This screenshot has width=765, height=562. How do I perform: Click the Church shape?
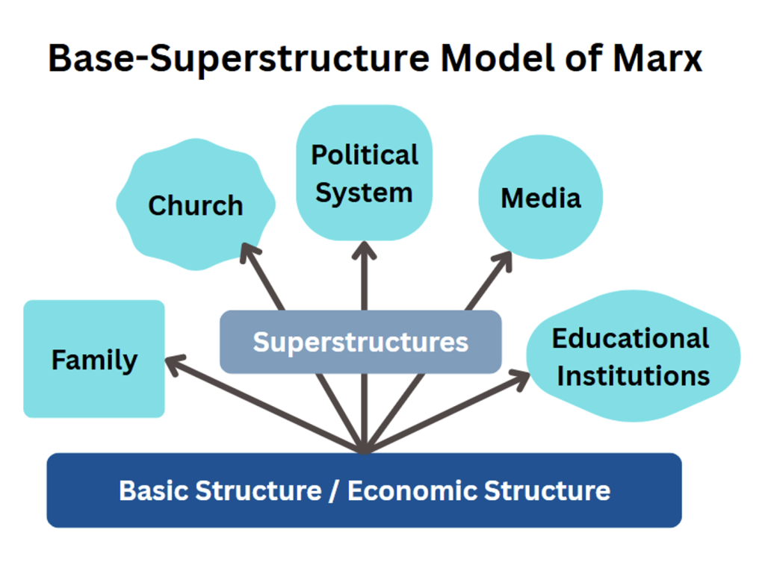pos(196,204)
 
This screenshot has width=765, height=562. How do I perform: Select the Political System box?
pos(364,173)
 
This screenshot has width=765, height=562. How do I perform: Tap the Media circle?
pos(540,198)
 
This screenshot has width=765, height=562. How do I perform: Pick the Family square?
pos(94,360)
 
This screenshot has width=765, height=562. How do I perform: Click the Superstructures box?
pos(360,342)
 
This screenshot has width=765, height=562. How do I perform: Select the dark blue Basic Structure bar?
pos(364,490)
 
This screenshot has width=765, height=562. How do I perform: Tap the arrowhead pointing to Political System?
pos(364,251)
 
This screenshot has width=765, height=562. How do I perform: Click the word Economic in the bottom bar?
pos(412,491)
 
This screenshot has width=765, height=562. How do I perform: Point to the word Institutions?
pos(633,375)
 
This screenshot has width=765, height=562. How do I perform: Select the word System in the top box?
pos(364,193)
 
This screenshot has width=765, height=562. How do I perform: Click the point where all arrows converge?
pos(364,449)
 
